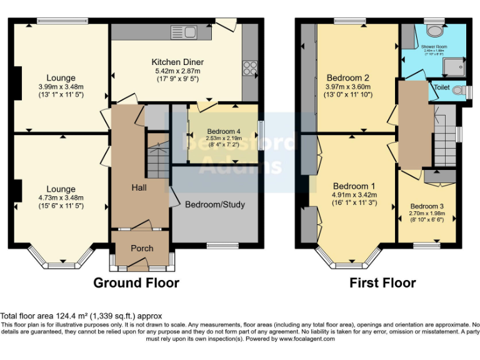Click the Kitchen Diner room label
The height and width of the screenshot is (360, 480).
click(177, 62)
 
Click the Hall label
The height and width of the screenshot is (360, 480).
click(139, 187)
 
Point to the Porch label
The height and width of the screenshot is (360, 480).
click(142, 248)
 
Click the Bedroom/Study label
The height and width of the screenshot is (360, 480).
click(215, 204)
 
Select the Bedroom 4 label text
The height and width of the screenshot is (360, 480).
click(223, 132)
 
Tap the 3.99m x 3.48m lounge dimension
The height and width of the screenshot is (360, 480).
click(61, 87)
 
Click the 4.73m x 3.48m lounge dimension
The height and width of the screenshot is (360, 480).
click(61, 198)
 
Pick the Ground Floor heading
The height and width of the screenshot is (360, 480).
click(136, 282)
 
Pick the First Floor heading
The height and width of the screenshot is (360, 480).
click(382, 282)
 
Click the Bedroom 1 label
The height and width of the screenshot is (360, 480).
click(354, 186)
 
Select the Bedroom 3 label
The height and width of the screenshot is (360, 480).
click(427, 206)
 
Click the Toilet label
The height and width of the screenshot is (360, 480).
click(442, 88)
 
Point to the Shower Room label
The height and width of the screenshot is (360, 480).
click(432, 46)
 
